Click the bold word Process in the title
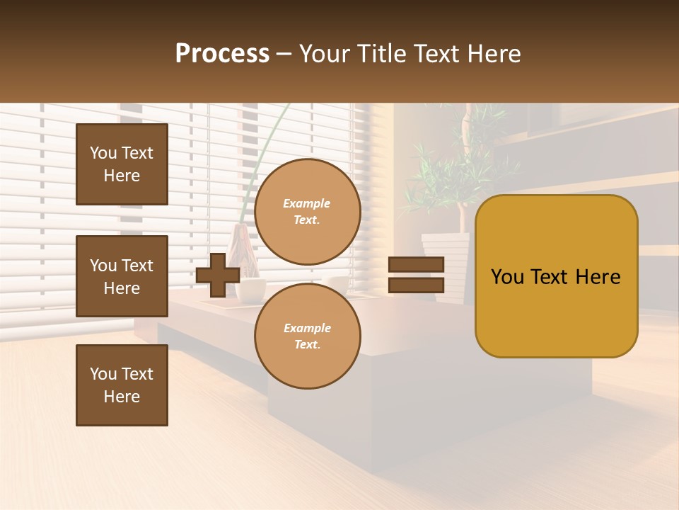(x=222, y=53)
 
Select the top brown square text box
(x=122, y=164)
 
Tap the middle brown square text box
(x=122, y=276)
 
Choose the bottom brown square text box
(x=122, y=385)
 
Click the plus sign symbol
(x=217, y=275)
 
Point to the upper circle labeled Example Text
(x=307, y=212)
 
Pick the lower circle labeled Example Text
(x=307, y=336)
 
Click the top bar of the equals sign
(x=416, y=265)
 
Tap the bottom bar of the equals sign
(x=416, y=285)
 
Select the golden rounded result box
(x=556, y=276)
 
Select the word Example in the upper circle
(x=307, y=203)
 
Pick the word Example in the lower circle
(x=307, y=328)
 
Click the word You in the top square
(x=103, y=153)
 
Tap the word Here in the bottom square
(x=122, y=397)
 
